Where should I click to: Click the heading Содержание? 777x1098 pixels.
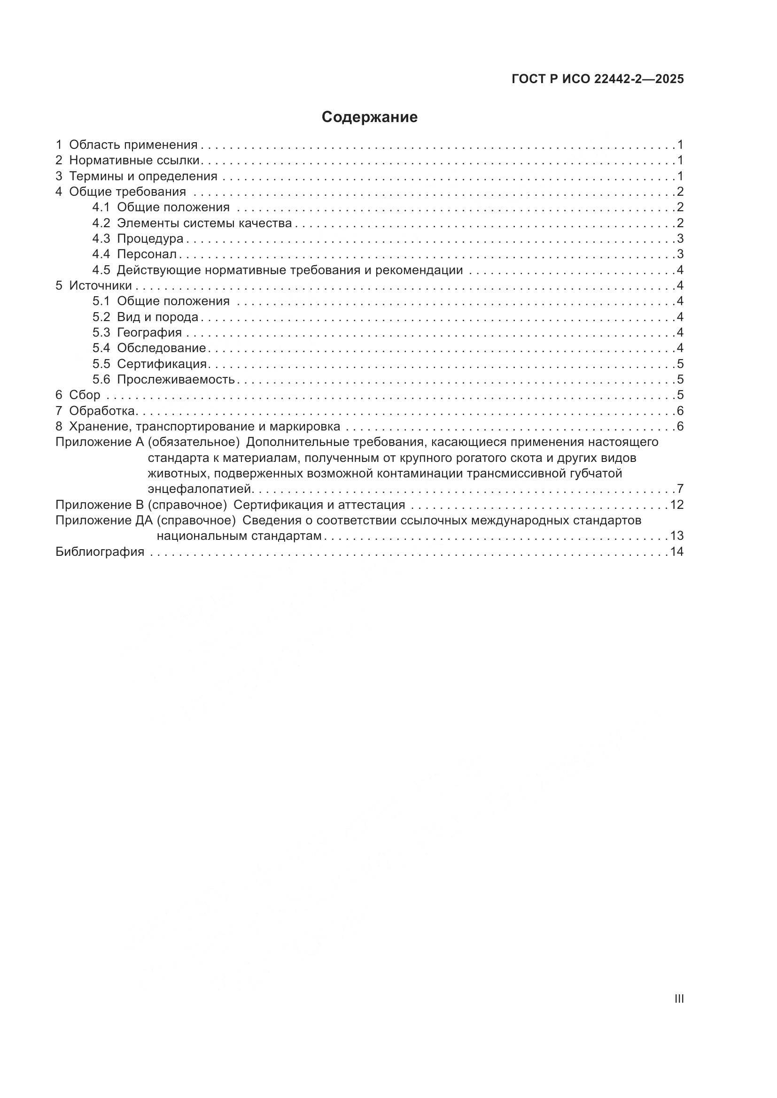pos(369,117)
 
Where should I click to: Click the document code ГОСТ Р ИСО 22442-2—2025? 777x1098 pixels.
pos(598,79)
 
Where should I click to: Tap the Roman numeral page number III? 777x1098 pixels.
pos(678,999)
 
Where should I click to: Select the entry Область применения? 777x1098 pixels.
pos(133,145)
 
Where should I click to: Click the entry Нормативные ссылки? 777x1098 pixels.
pos(134,161)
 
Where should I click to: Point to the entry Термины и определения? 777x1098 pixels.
pos(143,177)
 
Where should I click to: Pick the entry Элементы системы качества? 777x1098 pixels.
pos(204,223)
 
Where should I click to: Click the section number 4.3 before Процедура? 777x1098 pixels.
pos(101,238)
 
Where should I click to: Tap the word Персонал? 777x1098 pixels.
pos(147,254)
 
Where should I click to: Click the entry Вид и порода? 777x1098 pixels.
pos(157,317)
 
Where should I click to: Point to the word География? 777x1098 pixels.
pos(149,333)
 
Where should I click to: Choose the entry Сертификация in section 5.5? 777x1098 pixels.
pos(162,364)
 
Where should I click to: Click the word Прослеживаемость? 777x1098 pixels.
pos(176,380)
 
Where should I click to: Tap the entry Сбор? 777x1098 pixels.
pos(85,395)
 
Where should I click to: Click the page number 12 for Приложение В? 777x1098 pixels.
pos(676,505)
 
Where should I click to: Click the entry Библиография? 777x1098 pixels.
pos(100,552)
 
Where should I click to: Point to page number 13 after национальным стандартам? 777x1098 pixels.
pos(676,536)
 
